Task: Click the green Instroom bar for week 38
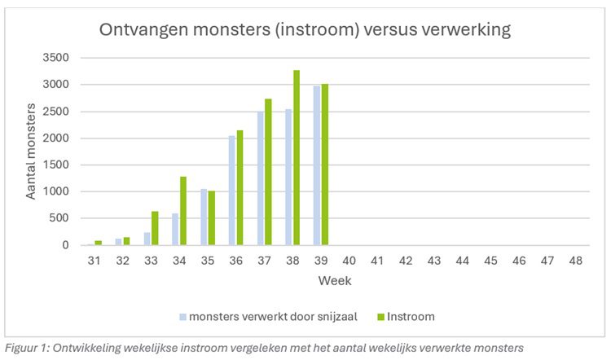click(x=297, y=158)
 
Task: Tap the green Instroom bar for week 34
click(x=183, y=211)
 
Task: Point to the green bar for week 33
click(x=155, y=228)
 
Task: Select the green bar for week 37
click(x=268, y=172)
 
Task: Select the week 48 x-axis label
click(x=575, y=261)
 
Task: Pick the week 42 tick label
click(x=406, y=261)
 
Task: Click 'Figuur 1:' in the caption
click(x=24, y=349)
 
